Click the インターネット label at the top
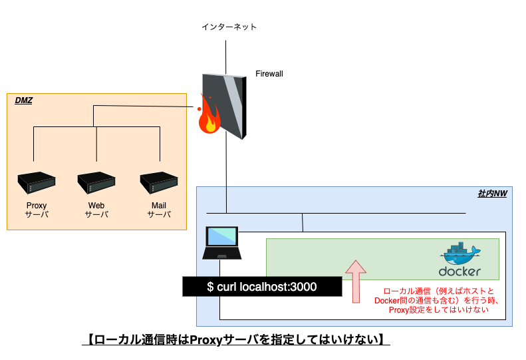229,27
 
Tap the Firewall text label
269,74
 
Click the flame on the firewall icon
210,120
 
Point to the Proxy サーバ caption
36,210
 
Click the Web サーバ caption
96,210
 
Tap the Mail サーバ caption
159,210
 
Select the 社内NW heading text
492,194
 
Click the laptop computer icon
222,243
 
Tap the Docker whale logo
460,254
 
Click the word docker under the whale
460,271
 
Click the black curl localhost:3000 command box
262,287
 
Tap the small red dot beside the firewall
198,108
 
